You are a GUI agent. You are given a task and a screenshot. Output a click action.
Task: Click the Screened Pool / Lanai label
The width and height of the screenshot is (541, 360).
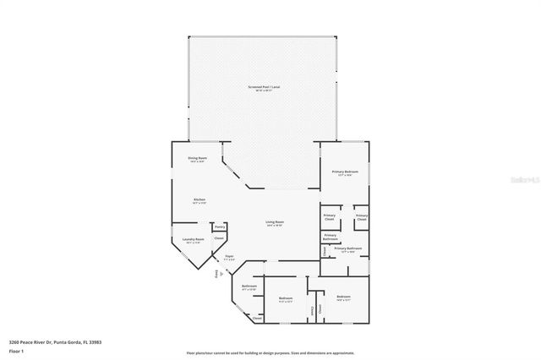point(263,87)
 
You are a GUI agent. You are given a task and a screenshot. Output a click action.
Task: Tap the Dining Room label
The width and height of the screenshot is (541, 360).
point(198,159)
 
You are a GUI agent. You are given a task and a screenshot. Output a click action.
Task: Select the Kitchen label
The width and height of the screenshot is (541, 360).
point(199,201)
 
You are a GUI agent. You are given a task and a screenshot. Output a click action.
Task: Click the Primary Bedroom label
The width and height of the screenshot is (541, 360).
point(345,172)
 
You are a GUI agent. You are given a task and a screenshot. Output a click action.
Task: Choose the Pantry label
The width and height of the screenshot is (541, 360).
point(220,227)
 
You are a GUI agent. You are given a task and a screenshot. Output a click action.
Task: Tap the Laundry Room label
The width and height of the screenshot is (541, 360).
point(194,240)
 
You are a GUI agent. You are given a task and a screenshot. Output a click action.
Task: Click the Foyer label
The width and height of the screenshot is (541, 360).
point(229,257)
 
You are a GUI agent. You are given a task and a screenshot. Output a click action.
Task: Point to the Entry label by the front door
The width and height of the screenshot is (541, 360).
point(216,274)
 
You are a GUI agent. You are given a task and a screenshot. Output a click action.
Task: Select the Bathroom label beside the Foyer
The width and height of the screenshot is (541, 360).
point(249,286)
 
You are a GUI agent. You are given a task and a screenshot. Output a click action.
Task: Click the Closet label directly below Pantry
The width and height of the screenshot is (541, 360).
point(219,239)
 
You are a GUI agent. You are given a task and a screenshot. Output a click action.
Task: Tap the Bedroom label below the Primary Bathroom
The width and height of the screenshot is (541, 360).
point(342,297)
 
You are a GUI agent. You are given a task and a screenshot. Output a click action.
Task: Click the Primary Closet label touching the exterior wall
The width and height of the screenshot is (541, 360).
point(361,217)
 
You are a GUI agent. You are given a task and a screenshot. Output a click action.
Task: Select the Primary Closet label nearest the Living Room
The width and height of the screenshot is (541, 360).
point(330,217)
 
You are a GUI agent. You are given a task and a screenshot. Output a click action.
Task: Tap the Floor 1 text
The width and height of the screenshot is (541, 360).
point(16,351)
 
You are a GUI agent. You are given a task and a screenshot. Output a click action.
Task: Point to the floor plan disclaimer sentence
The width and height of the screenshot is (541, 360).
point(270,352)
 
